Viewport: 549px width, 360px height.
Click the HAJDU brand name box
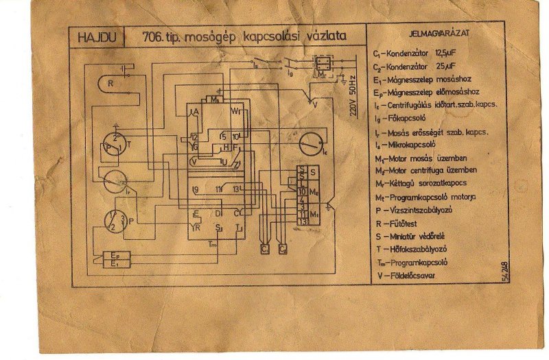click(x=95, y=36)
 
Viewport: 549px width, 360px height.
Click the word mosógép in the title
click(x=212, y=36)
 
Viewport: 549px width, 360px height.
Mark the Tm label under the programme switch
click(x=212, y=245)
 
